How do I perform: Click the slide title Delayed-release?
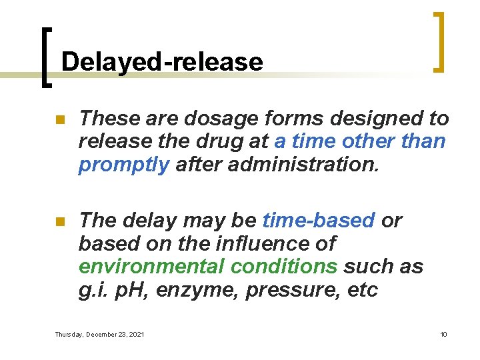161,62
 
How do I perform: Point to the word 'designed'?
371,119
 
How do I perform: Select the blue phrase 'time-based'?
319,220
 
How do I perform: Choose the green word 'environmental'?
152,267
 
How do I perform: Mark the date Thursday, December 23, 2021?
99,334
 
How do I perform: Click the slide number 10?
443,334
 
